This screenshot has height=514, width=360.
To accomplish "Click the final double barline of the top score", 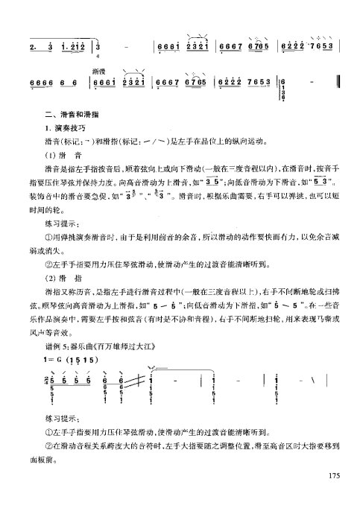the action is (338, 82).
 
